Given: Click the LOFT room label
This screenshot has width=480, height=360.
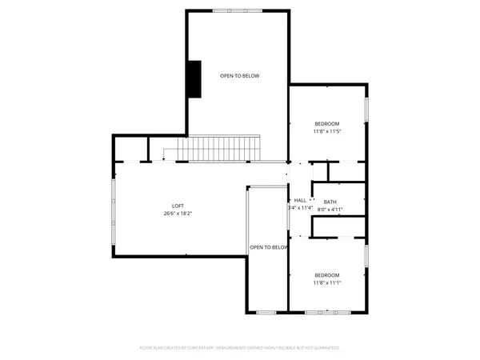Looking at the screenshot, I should (x=178, y=206).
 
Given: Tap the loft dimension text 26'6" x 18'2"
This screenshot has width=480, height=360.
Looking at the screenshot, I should (x=178, y=214).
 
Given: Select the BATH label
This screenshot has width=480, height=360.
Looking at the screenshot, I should (x=330, y=202).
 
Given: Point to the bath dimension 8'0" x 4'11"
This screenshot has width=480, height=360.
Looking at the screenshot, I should (x=330, y=210).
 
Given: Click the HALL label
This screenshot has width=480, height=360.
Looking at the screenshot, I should (x=300, y=200).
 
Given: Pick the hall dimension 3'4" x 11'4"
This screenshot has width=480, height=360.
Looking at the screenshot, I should (x=298, y=208).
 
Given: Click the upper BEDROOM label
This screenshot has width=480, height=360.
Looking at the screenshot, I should (x=326, y=123).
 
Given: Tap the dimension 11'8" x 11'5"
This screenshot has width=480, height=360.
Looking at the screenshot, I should (x=326, y=131).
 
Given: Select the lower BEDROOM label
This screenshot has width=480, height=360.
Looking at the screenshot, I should (x=326, y=274).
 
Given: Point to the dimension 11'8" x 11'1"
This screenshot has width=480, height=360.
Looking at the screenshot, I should (x=326, y=282).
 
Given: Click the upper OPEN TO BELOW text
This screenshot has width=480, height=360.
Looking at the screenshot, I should (x=240, y=76).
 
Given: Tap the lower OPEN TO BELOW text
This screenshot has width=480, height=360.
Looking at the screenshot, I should (x=268, y=247).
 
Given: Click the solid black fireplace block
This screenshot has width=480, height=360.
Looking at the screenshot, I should (x=194, y=78).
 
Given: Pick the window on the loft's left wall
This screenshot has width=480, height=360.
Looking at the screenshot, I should (x=113, y=212).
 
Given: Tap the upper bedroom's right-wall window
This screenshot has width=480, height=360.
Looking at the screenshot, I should (x=366, y=110).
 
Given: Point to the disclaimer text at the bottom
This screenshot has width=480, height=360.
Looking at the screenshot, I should (x=240, y=348).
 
